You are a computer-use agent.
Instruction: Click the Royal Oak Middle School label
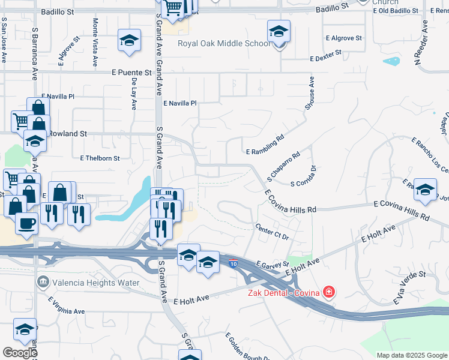224,43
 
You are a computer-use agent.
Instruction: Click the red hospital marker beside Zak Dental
328,293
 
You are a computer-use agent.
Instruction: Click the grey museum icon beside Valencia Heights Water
43,282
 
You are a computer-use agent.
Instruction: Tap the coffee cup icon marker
27,224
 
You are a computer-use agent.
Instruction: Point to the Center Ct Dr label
272,233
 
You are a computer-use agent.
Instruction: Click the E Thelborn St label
100,158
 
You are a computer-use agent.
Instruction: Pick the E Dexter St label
325,56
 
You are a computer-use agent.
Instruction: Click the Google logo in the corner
20,353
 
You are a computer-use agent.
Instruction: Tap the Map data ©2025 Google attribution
412,355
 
